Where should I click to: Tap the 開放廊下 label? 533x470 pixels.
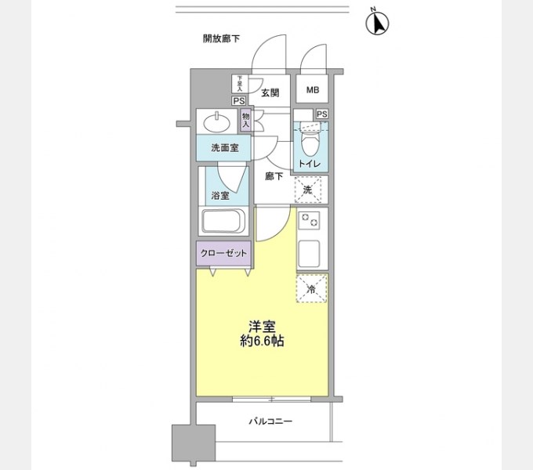pyautogui.click(x=221, y=38)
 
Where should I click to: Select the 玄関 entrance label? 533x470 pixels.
pyautogui.click(x=270, y=92)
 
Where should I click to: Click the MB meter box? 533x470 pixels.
pyautogui.click(x=312, y=90)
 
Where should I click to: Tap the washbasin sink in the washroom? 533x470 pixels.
pyautogui.click(x=216, y=122)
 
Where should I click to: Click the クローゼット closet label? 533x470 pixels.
pyautogui.click(x=223, y=253)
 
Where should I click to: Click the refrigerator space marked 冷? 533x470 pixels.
pyautogui.click(x=311, y=289)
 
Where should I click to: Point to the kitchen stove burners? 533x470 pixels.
pyautogui.click(x=311, y=222)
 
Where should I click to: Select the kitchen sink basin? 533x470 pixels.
pyautogui.click(x=311, y=253)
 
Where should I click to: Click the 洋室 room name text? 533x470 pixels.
pyautogui.click(x=262, y=327)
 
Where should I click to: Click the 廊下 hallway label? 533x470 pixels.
pyautogui.click(x=274, y=176)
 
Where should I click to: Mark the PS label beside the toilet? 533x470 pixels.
pyautogui.click(x=321, y=114)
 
